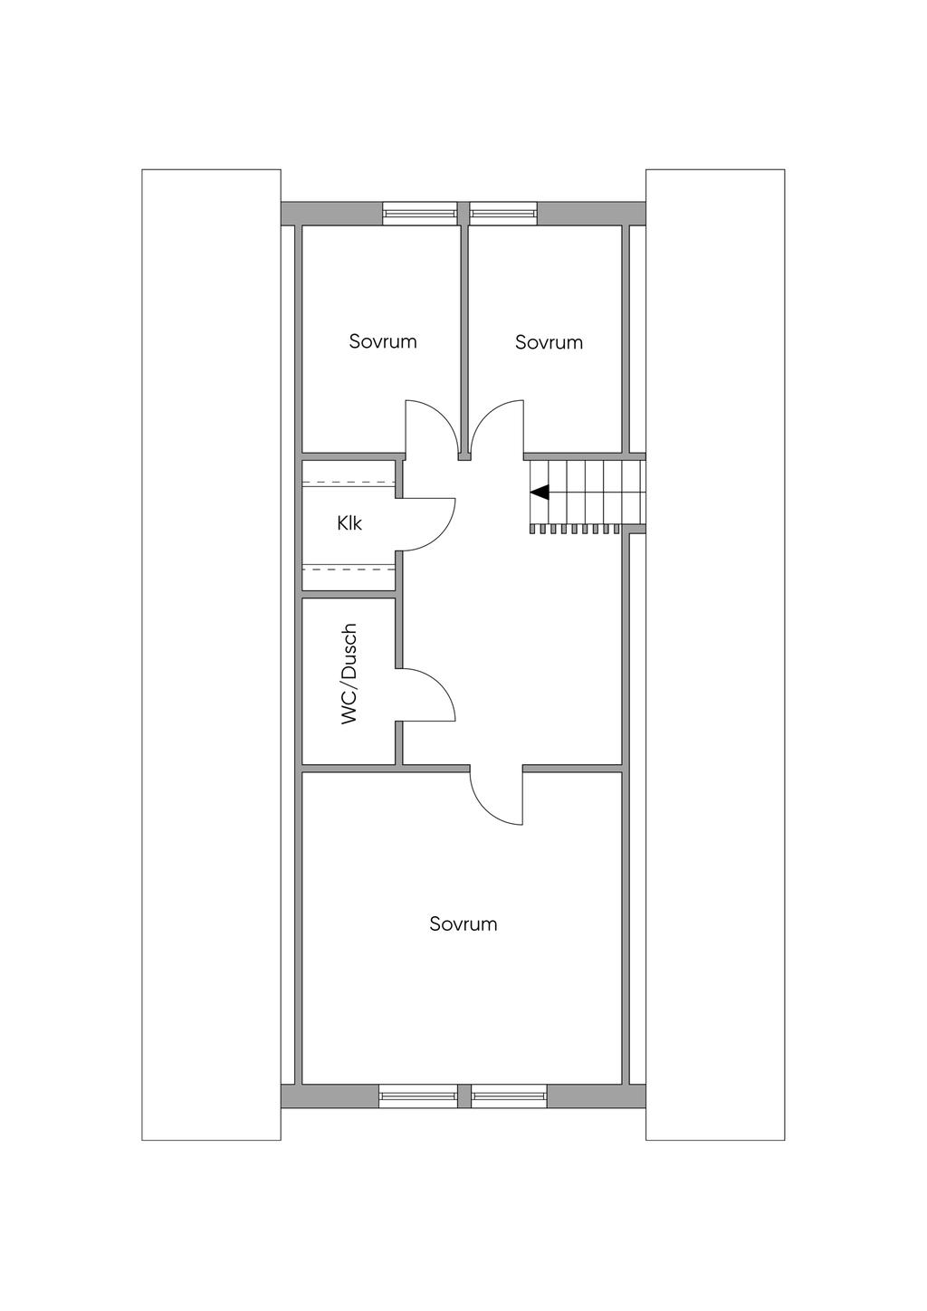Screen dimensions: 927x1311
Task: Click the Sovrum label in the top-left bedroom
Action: [x=383, y=341]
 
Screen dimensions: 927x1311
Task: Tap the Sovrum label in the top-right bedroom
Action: [x=549, y=342]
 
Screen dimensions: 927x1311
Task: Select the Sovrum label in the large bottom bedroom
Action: [x=463, y=924]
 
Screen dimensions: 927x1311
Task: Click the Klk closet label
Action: [x=349, y=522]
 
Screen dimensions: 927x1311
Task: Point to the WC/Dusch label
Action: [x=349, y=675]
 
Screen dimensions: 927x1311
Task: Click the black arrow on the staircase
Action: [x=540, y=493]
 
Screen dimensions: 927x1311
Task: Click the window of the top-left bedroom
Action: [x=420, y=213]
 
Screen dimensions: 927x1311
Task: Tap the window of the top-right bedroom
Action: [x=502, y=213]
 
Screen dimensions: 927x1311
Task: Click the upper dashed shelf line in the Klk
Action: [x=349, y=483]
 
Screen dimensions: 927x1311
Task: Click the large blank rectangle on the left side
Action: [x=211, y=655]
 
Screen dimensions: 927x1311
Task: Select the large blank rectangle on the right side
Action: [x=715, y=655]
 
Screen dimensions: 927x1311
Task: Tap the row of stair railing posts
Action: [x=575, y=529]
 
